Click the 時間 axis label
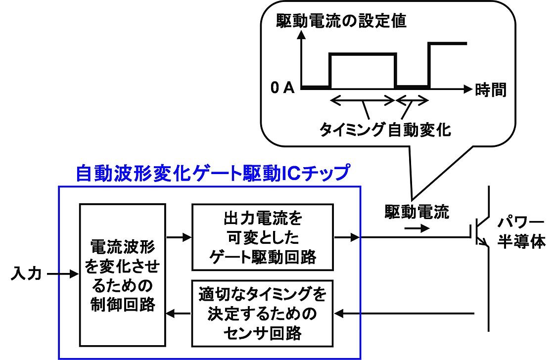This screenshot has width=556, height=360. pos(491,90)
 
